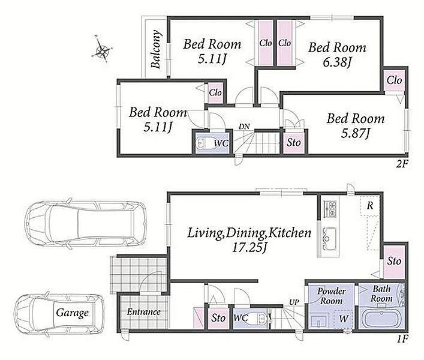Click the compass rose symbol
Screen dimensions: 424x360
pyautogui.click(x=102, y=49)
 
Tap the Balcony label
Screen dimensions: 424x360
pyautogui.click(x=156, y=49)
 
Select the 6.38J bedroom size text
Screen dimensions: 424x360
pyautogui.click(x=337, y=62)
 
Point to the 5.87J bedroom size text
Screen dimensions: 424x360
pyautogui.click(x=355, y=133)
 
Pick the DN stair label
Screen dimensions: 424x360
pyautogui.click(x=244, y=127)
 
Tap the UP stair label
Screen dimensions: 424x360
pyautogui.click(x=294, y=302)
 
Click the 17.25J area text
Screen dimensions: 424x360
pyautogui.click(x=249, y=247)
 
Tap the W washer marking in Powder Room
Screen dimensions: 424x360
pyautogui.click(x=344, y=319)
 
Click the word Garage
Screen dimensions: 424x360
pyautogui.click(x=72, y=313)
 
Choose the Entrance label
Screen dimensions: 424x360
pyautogui.click(x=144, y=312)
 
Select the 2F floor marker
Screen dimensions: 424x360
pyautogui.click(x=402, y=164)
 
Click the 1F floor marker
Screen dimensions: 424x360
pyautogui.click(x=402, y=339)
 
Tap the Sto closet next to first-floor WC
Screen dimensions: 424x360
pyautogui.click(x=218, y=318)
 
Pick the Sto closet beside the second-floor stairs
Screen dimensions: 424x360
pyautogui.click(x=294, y=142)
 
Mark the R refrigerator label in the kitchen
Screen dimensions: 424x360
pyautogui.click(x=369, y=206)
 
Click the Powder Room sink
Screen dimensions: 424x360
pyautogui.click(x=320, y=322)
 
